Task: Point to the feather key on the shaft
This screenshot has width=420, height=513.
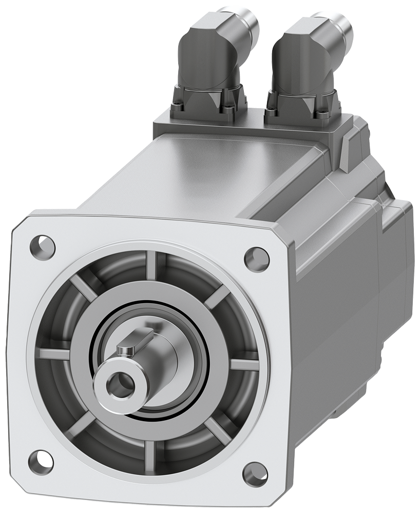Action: tap(131, 343)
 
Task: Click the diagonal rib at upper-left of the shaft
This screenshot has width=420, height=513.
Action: tap(85, 287)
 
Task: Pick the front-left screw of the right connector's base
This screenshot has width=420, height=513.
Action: tap(271, 108)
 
